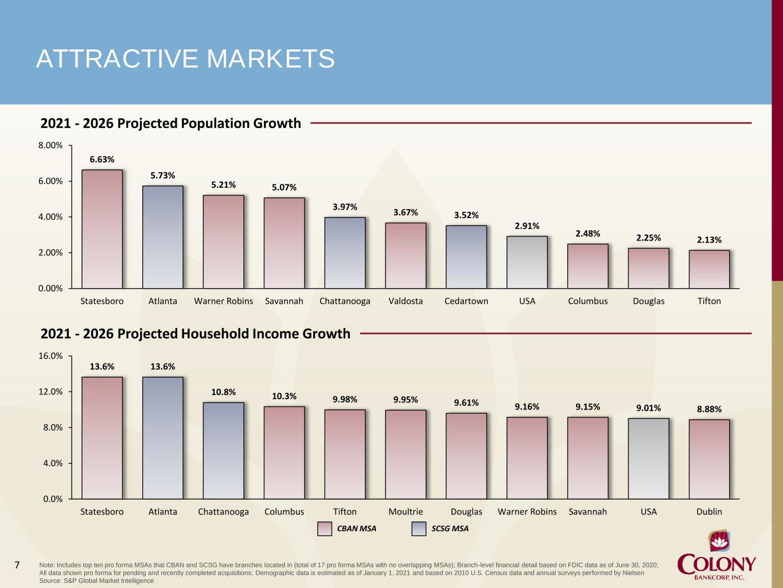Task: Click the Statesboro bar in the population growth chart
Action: coord(102,229)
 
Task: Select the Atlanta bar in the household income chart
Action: coord(163,438)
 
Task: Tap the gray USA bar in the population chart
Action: coord(527,262)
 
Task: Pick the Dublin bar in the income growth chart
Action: coord(709,459)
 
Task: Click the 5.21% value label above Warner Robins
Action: coord(223,185)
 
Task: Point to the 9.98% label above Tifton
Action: coord(345,400)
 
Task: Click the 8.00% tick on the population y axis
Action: coord(50,145)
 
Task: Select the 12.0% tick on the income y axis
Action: coord(53,392)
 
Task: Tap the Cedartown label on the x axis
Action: coord(466,301)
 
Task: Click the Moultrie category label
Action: coord(406,512)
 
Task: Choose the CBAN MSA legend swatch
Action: coord(325,529)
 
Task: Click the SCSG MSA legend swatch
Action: coord(419,529)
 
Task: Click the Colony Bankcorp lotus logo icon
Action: coord(719,542)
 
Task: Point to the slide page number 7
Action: coord(17,565)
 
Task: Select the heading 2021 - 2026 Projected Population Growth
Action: coord(170,123)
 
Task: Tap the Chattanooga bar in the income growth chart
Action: coord(223,451)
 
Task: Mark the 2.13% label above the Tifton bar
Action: coord(709,240)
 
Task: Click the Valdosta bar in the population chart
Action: coord(406,256)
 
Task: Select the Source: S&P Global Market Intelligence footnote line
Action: coord(96,581)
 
